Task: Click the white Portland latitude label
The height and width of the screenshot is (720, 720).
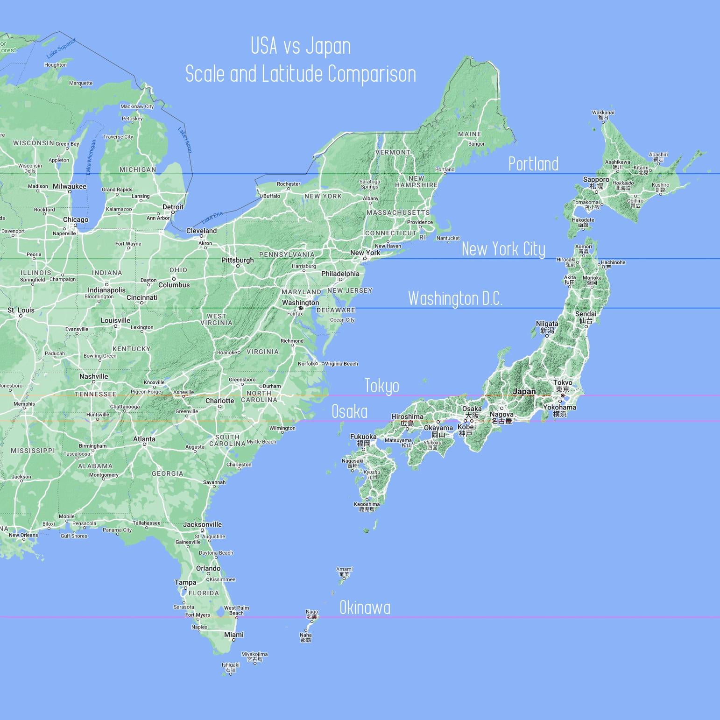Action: pos(533,164)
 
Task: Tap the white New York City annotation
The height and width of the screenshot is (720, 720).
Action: pos(503,249)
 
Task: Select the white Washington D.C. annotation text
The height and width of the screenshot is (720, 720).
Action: pos(455,299)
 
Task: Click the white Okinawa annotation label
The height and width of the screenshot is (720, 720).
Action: pos(365,608)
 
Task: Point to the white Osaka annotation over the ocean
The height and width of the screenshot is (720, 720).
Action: pos(349,412)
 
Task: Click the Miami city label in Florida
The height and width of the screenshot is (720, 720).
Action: pos(233,635)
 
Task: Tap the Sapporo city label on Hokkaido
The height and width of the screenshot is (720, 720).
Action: pos(596,180)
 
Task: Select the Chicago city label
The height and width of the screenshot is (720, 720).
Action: pos(76,220)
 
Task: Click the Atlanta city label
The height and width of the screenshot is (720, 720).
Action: pos(144,439)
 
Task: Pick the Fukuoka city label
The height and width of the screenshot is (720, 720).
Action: pos(363,437)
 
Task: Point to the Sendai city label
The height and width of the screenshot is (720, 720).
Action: pos(586,314)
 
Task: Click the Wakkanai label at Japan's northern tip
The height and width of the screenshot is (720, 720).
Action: pos(603,113)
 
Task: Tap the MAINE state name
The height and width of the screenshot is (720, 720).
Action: pos(469,134)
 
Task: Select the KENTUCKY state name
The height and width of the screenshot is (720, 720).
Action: pos(131,349)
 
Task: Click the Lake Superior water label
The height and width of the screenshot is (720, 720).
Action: pos(61,49)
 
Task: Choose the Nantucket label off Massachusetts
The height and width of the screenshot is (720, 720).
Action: pos(448,238)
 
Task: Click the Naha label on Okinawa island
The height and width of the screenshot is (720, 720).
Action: pos(305,635)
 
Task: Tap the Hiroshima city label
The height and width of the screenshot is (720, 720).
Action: pos(407,417)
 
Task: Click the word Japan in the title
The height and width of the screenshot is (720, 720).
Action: pos(328,46)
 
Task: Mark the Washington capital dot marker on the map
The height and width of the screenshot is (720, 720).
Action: pos(301,308)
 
